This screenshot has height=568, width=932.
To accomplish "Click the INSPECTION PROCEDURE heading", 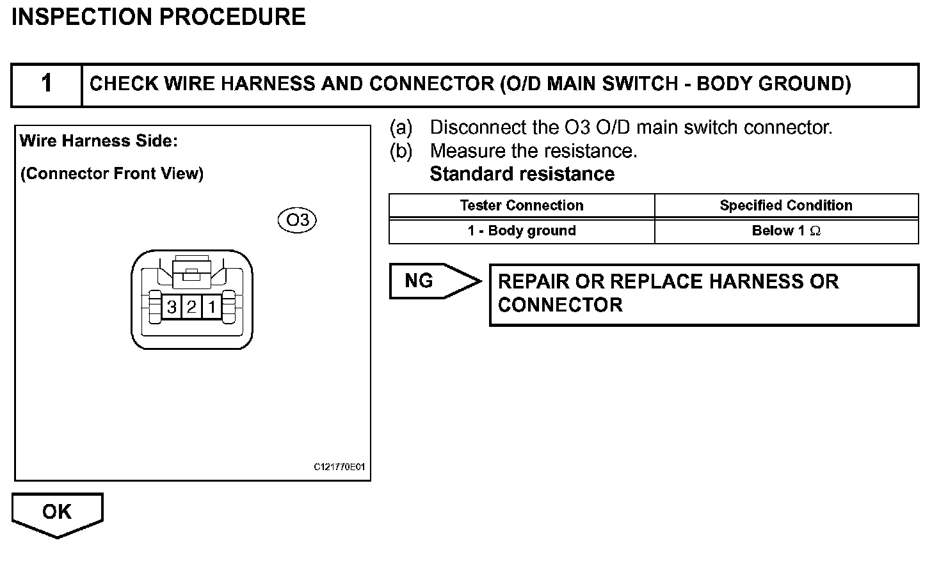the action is point(159,17).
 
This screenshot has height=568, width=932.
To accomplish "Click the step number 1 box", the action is point(47,84).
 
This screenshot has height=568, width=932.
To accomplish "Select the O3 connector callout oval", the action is point(298,221).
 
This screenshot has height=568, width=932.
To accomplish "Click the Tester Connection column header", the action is point(521,205).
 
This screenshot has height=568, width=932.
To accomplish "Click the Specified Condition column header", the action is point(786,205).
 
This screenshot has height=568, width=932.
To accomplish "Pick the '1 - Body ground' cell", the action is point(521,231).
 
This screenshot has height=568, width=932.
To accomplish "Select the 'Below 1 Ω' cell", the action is point(786,231).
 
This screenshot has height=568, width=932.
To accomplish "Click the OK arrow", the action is point(57,512).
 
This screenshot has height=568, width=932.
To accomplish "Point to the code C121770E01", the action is point(339,468).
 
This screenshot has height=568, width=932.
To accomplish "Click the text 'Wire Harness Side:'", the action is point(99,141).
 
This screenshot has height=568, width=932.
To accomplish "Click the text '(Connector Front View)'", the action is point(112,174).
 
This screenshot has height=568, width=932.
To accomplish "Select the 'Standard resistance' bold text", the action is point(522,174).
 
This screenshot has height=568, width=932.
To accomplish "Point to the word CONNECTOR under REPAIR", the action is point(560,305).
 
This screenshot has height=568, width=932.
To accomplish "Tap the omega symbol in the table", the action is point(815,232).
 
